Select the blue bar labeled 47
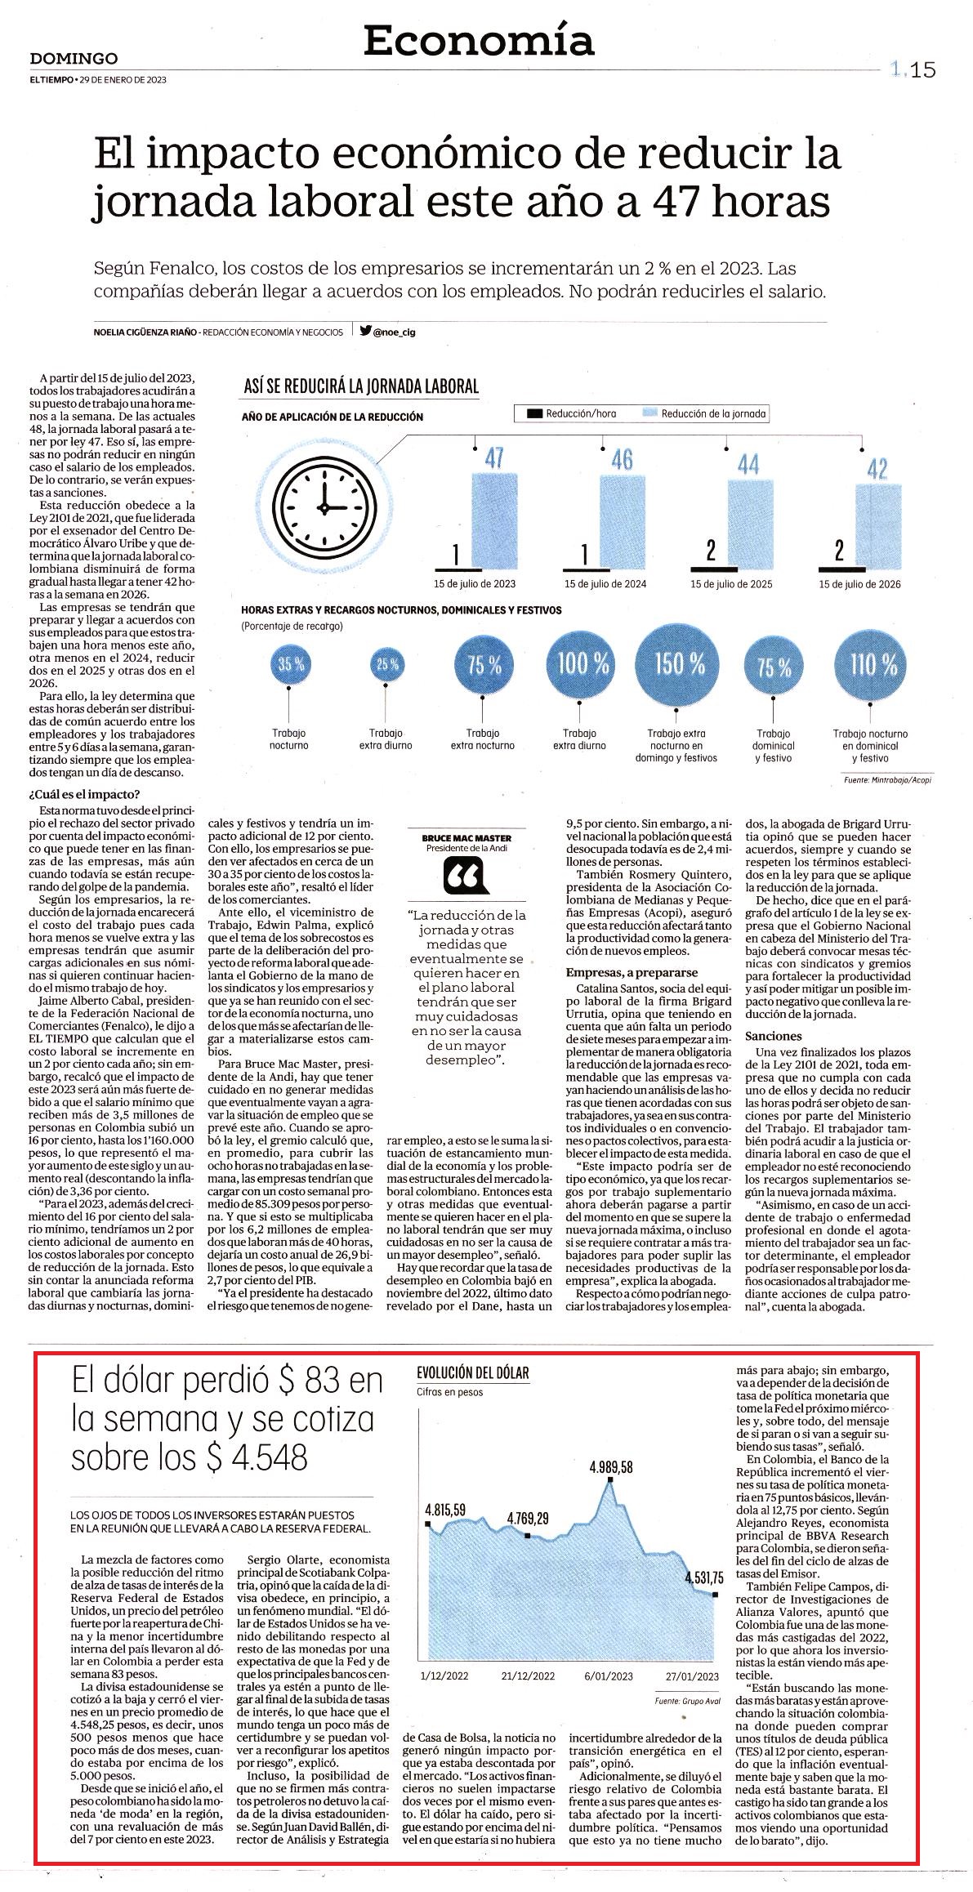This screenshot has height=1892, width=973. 494,520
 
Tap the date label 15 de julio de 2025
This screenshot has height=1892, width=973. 731,584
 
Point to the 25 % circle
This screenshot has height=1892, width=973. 388,665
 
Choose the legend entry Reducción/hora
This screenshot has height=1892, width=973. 573,414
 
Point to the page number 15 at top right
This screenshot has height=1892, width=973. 923,71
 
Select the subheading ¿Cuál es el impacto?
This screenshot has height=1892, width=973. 84,795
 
